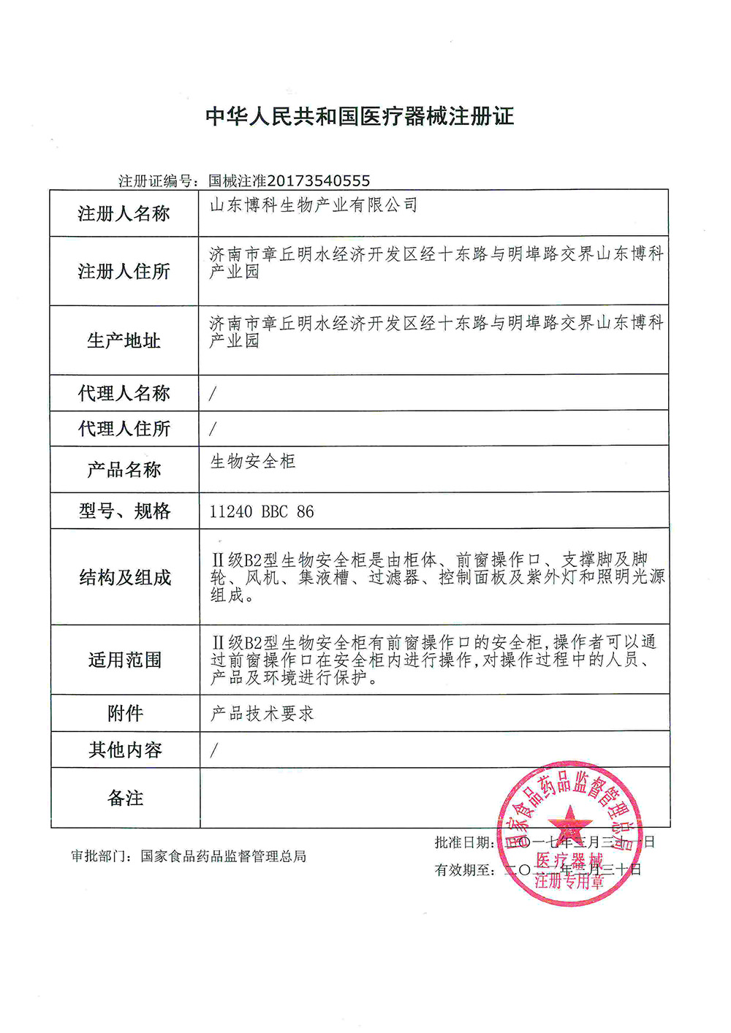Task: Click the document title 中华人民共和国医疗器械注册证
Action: pyautogui.click(x=360, y=116)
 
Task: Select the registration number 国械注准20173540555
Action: pyautogui.click(x=289, y=180)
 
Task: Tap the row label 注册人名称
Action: pyautogui.click(x=124, y=214)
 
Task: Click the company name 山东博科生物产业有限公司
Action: pyautogui.click(x=314, y=205)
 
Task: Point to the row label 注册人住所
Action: pyautogui.click(x=124, y=272)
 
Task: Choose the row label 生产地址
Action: pyautogui.click(x=124, y=341)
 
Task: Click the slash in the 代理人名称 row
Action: pyautogui.click(x=213, y=394)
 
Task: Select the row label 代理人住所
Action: pyautogui.click(x=124, y=429)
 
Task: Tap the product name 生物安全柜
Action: pyautogui.click(x=253, y=461)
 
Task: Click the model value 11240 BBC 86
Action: pyautogui.click(x=262, y=511)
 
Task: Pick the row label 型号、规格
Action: pyautogui.click(x=124, y=511)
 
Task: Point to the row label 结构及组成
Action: pyautogui.click(x=124, y=578)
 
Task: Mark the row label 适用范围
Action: pyautogui.click(x=124, y=660)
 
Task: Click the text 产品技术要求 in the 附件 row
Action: pyautogui.click(x=262, y=714)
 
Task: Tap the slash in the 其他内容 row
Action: pyautogui.click(x=213, y=750)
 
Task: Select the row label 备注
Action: pyautogui.click(x=125, y=798)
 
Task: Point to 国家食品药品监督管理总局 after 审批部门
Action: pyautogui.click(x=224, y=856)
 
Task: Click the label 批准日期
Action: pyautogui.click(x=463, y=842)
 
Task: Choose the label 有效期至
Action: pyautogui.click(x=463, y=870)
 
